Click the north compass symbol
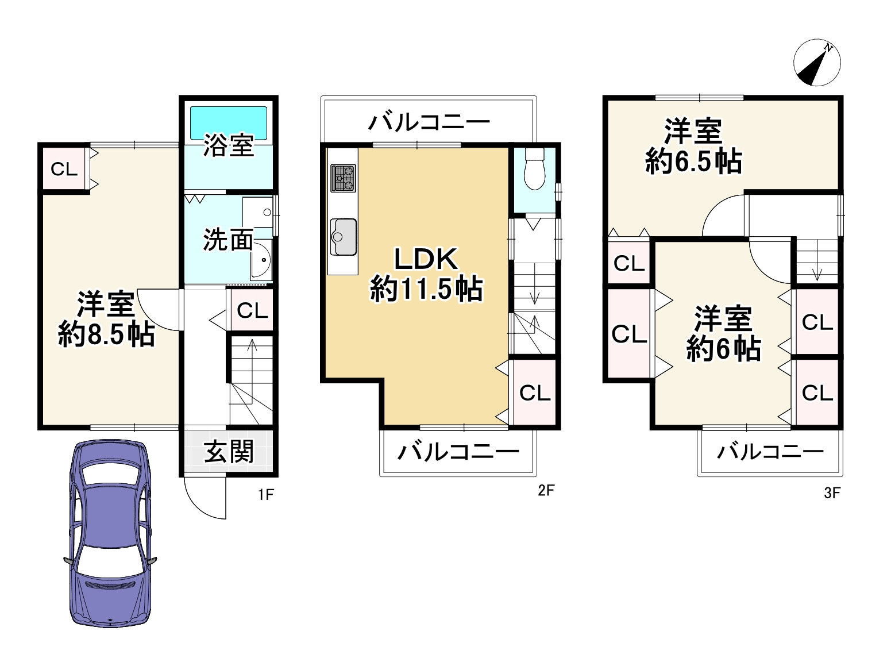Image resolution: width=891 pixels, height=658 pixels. pos(817,63)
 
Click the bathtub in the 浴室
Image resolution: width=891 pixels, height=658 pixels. pos(229,122)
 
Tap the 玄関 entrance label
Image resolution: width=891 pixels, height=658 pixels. pos(229,452)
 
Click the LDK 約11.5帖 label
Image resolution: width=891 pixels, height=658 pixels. pos(426,274)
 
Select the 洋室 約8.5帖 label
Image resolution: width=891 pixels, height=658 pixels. pos(106,319)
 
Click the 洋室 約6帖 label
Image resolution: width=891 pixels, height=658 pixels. pos(723,334)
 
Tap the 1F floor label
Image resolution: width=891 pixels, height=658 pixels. pos(265,494)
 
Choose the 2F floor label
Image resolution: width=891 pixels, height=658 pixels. pos(546,490)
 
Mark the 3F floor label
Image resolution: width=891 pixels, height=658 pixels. pos(832,492)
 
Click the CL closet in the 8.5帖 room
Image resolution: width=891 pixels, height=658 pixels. pos(64,169)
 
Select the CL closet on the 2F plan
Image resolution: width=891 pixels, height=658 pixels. pos(535,393)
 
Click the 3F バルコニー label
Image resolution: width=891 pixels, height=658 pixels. pos(770,452)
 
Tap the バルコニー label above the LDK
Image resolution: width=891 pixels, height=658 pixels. pos(429,122)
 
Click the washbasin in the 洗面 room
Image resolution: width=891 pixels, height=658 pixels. pos(262,261)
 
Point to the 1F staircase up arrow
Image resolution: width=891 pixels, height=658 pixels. pos(251,348)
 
